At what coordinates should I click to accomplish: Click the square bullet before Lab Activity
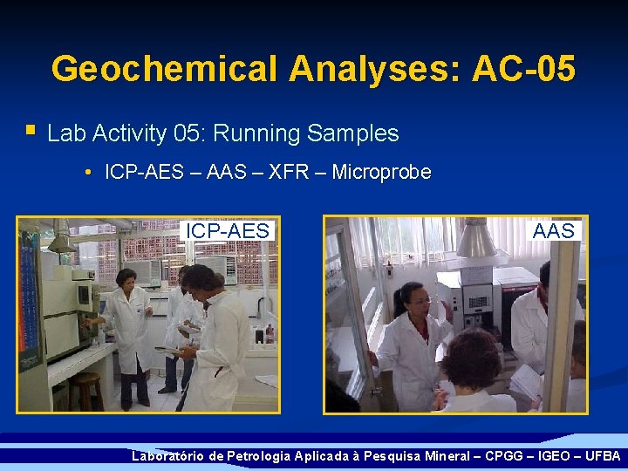31,132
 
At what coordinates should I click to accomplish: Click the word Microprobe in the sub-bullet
381,173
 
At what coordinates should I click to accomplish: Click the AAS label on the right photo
554,230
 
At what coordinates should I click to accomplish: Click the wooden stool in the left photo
85,391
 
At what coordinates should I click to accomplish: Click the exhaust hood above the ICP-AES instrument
61,241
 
